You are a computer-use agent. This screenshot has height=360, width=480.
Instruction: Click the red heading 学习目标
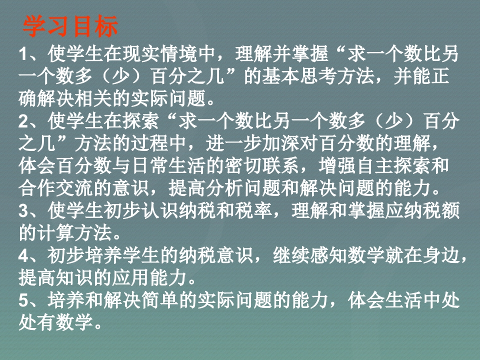click(70, 26)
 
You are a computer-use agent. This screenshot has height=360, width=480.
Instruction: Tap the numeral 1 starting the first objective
click(23, 54)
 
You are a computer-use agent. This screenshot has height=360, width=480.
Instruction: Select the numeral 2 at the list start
click(23, 121)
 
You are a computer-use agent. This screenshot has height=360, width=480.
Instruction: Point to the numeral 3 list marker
click(23, 211)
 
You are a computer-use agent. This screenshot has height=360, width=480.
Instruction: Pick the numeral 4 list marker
click(23, 255)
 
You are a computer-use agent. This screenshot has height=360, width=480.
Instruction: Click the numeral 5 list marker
click(23, 300)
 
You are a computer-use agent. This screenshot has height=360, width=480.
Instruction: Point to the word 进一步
click(234, 143)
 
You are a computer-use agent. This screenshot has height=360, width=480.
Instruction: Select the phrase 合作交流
click(56, 188)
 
